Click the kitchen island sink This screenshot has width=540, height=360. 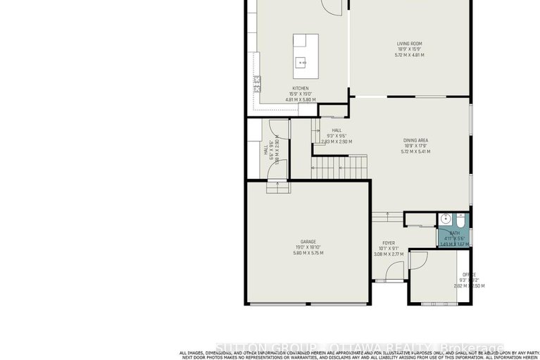pyautogui.click(x=302, y=61)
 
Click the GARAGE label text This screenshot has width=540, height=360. pyautogui.click(x=307, y=241)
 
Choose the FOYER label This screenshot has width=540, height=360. pyautogui.click(x=389, y=242)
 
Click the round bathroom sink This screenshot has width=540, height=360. pyautogui.click(x=445, y=218)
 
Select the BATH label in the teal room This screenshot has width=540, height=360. pyautogui.click(x=454, y=232)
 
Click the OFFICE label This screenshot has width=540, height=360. pyautogui.click(x=468, y=275)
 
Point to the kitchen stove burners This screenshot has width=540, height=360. pyautogui.click(x=258, y=85)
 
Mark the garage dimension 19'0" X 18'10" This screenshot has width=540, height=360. pyautogui.click(x=307, y=247)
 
